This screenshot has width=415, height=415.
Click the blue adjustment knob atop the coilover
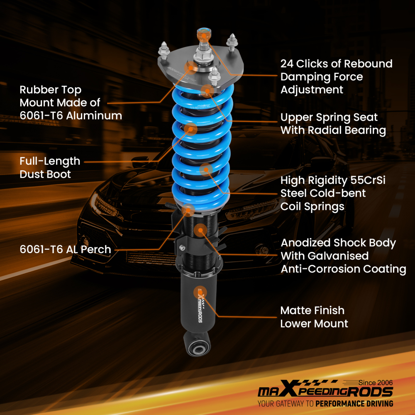tap(204, 32)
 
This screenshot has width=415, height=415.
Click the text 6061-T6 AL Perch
tap(65, 250)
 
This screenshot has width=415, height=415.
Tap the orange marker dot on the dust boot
tap(191, 129)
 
